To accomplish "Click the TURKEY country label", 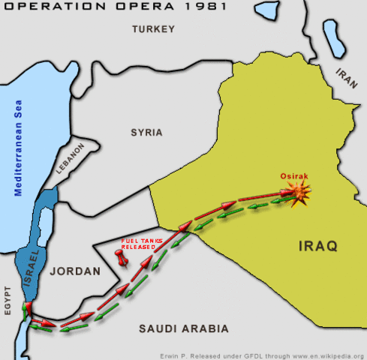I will (x=153, y=29).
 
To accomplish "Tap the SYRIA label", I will (x=146, y=132).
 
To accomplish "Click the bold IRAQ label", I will (x=318, y=245).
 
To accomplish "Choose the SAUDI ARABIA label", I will (x=183, y=328).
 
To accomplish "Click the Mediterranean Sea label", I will (x=20, y=148).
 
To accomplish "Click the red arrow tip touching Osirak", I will (x=289, y=193).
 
